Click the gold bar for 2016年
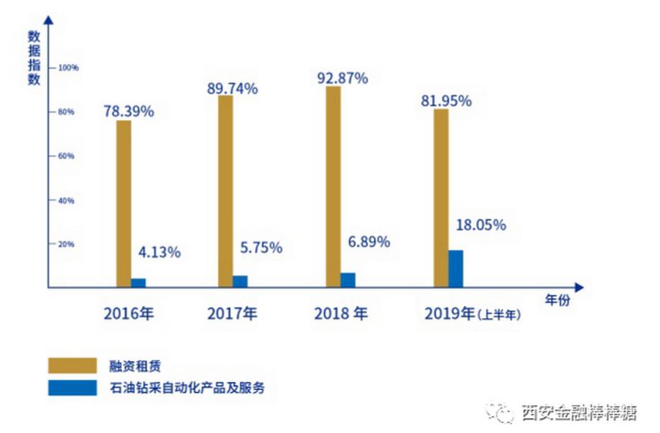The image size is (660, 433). [124, 204]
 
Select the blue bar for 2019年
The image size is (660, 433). [455, 269]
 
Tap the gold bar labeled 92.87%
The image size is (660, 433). [333, 187]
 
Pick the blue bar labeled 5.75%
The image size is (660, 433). [240, 281]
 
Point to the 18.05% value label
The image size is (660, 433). [480, 225]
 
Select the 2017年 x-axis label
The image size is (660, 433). [232, 313]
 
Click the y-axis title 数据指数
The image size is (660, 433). [33, 57]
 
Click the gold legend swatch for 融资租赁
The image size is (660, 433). [72, 365]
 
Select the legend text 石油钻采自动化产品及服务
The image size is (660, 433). [188, 388]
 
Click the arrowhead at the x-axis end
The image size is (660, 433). [579, 288]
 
